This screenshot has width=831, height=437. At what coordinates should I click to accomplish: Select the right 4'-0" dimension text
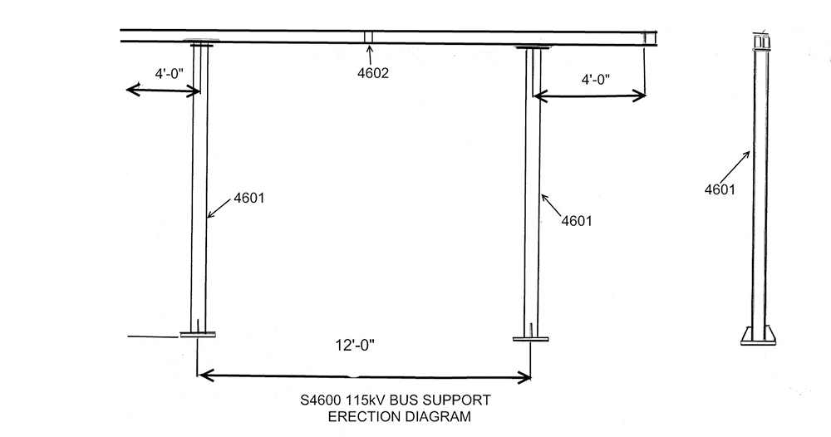(595, 80)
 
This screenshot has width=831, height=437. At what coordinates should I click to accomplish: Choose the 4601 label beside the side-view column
(719, 189)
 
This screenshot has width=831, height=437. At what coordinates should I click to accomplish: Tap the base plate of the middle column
(531, 338)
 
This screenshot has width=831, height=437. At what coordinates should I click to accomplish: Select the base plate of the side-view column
(760, 337)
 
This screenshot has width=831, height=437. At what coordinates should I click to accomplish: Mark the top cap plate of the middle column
(532, 49)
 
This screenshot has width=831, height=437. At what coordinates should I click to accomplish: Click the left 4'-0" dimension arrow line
(161, 89)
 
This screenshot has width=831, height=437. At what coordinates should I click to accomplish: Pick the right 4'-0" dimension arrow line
(589, 96)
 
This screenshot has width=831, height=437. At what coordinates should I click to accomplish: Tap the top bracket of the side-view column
(760, 42)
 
